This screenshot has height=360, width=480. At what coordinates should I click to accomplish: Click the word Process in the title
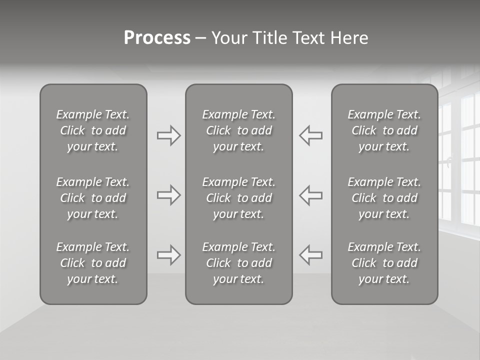(x=157, y=38)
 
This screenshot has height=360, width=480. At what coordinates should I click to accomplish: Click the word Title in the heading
(x=269, y=38)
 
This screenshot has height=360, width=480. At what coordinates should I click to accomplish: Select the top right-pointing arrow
(x=169, y=135)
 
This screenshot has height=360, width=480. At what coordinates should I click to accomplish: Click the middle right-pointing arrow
(x=169, y=195)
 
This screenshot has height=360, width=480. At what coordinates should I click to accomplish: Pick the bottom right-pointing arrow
(x=169, y=255)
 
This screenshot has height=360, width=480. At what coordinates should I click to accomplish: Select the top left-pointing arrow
(x=310, y=135)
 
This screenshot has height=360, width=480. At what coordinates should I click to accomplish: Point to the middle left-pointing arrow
(x=310, y=195)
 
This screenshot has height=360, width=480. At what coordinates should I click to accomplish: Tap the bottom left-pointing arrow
(x=310, y=255)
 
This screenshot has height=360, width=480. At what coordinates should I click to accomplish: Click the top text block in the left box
(x=93, y=130)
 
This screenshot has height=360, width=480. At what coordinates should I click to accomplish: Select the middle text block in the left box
(x=93, y=198)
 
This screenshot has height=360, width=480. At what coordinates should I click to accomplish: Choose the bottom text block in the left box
(x=93, y=263)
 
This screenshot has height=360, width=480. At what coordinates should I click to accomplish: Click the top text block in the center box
(x=238, y=130)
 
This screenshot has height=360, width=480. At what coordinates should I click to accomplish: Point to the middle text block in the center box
(x=238, y=198)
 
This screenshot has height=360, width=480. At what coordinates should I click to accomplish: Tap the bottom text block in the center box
(x=238, y=263)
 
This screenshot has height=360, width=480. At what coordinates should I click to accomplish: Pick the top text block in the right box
(x=384, y=130)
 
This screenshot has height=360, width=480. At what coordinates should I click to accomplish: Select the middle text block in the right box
(x=384, y=198)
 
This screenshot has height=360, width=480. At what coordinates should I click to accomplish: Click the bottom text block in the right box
(x=384, y=263)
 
